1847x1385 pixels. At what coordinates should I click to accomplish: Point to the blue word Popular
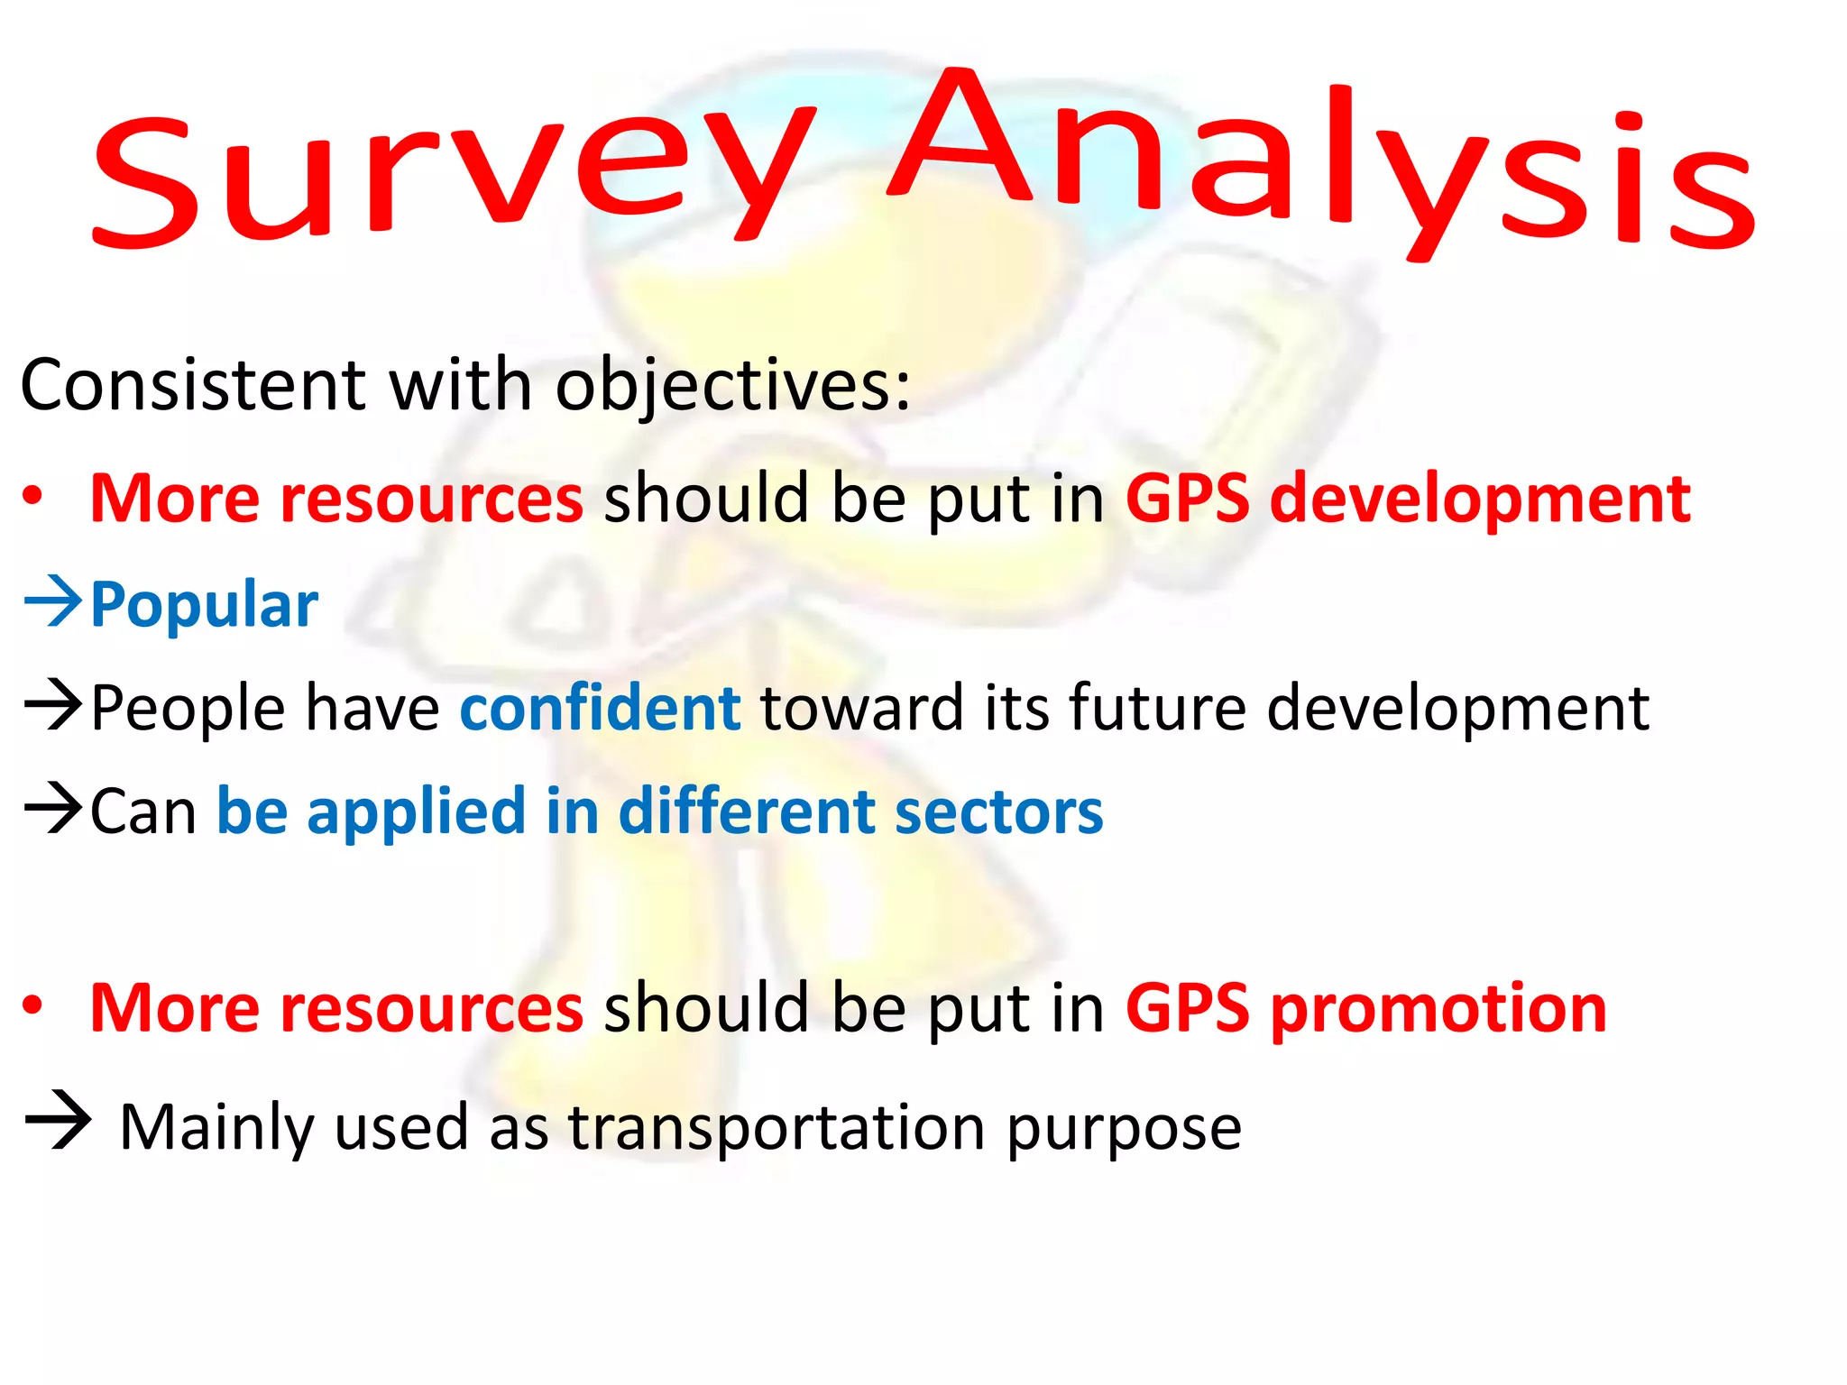(x=204, y=604)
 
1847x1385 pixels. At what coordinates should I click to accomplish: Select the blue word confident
(x=600, y=708)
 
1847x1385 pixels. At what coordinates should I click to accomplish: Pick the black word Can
(x=143, y=812)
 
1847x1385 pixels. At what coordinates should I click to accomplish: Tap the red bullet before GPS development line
(x=33, y=497)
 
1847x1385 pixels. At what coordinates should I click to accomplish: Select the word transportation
(x=776, y=1127)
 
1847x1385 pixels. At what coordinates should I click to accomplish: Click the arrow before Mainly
(x=59, y=1123)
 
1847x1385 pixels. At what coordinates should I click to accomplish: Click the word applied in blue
(x=416, y=812)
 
